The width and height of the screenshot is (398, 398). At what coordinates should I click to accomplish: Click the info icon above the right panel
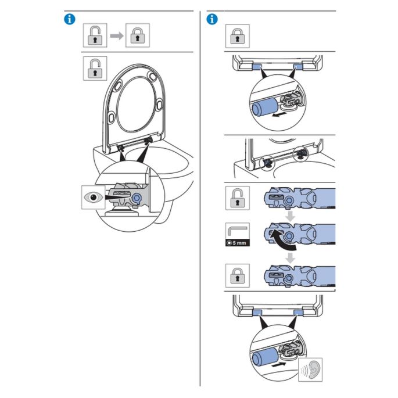pos(212,19)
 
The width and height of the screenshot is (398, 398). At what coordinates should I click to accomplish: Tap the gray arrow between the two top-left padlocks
pos(118,36)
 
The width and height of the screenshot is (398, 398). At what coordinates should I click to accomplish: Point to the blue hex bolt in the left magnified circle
pos(137,198)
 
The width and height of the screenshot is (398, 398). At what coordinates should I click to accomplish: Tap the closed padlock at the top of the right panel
pos(237,36)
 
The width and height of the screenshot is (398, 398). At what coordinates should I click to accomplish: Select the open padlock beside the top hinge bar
pos(237,199)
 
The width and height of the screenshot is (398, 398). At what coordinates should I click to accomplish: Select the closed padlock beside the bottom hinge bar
pos(237,274)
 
